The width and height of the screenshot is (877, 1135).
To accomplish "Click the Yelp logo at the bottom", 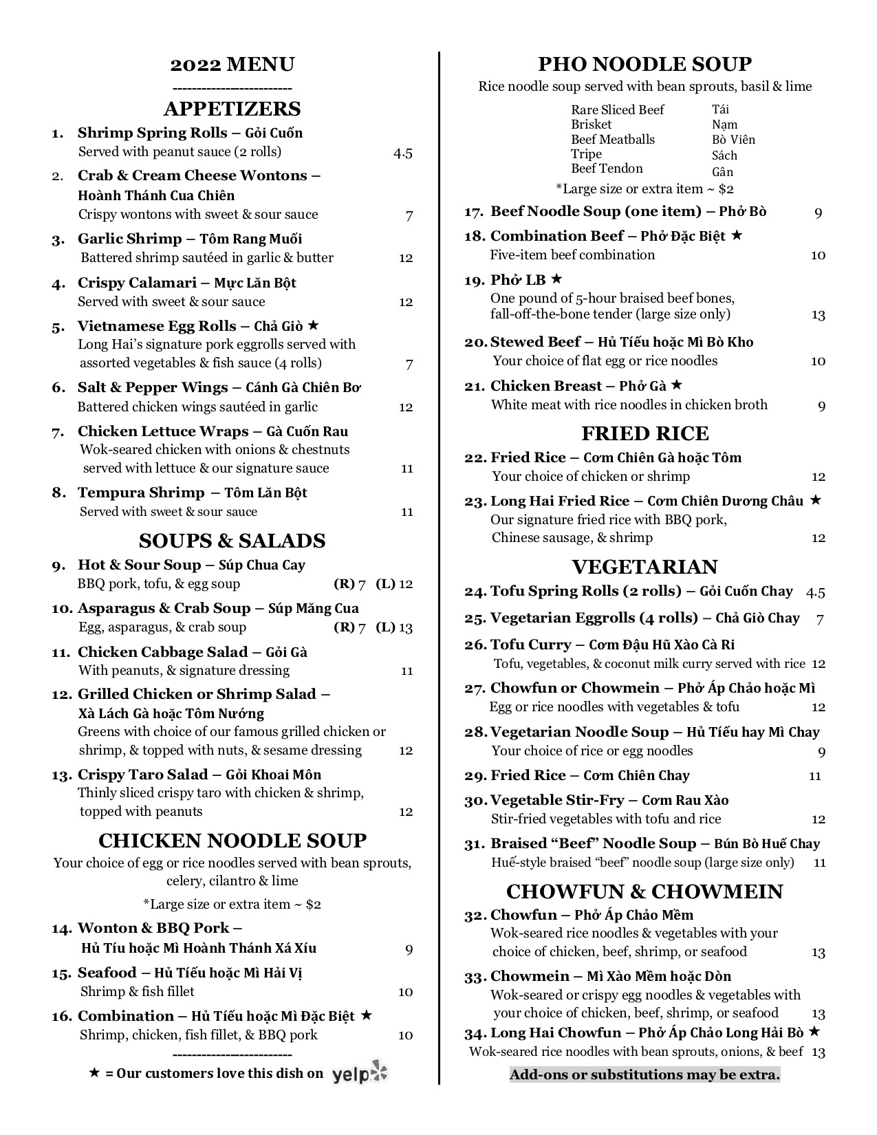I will click(x=360, y=1073).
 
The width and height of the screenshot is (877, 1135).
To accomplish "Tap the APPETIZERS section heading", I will click(x=232, y=109).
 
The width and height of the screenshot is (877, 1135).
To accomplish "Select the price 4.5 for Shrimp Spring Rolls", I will click(x=403, y=153).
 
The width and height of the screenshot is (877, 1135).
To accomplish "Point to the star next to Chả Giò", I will click(x=314, y=325).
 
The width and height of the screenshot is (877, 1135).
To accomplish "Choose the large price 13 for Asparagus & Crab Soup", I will click(x=406, y=627).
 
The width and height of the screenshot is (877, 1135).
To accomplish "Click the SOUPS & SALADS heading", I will click(x=232, y=541).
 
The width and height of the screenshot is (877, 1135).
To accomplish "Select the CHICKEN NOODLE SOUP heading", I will click(x=232, y=841).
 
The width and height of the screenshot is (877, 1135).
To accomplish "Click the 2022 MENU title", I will click(x=232, y=65).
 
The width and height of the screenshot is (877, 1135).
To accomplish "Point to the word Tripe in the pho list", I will click(x=586, y=154).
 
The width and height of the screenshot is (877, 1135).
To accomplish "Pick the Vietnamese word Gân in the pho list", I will click(x=722, y=172).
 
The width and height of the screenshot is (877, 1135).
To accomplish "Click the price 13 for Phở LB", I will click(x=818, y=315).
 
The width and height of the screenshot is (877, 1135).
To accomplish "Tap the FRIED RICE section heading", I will click(x=645, y=433).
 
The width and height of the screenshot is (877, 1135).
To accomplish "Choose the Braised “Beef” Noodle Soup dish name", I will click(x=593, y=843).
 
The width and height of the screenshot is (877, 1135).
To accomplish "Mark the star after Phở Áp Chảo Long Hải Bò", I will click(x=814, y=1031).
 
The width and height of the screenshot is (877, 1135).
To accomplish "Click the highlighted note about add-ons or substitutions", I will click(x=645, y=1074).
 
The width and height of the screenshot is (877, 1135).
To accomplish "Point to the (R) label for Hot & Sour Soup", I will click(x=344, y=584).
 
